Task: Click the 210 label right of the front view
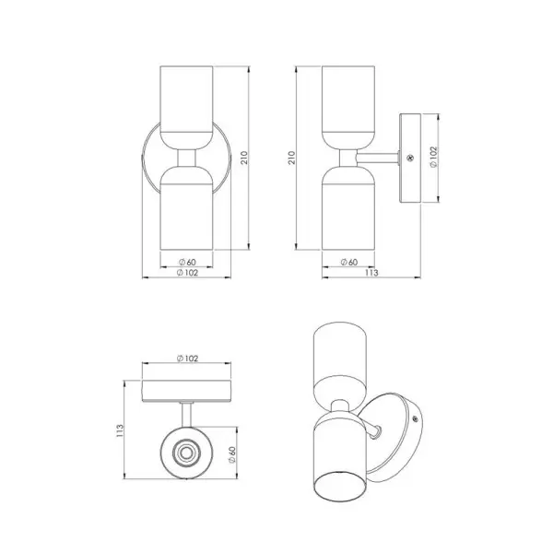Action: coord(244,158)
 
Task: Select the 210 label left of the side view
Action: coord(291,158)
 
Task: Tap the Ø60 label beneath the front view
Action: coord(187,262)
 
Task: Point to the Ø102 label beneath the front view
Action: coord(187,273)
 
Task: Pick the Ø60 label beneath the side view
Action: coord(348,262)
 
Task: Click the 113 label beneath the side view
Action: coord(371,273)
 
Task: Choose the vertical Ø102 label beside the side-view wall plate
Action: coord(433,158)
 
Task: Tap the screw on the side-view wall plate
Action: coord(410,158)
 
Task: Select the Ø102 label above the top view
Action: coord(187,359)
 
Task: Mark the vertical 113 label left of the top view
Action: coord(120,431)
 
